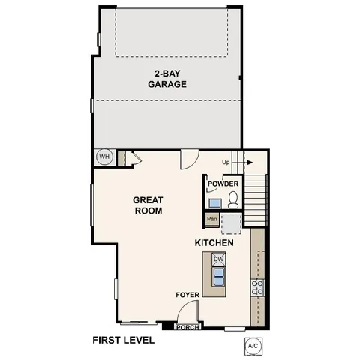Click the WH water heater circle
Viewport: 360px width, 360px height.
point(103,157)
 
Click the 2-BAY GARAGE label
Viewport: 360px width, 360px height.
point(166,79)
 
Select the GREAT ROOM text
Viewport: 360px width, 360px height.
point(148,205)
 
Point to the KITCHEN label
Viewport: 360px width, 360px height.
point(214,244)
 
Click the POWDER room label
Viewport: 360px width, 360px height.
point(223,184)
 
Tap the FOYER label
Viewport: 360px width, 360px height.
point(187,295)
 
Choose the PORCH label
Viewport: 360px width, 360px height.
point(187,327)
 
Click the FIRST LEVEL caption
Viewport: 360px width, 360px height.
point(123,340)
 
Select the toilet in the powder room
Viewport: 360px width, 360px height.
point(233,200)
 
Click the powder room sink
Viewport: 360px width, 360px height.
point(214,202)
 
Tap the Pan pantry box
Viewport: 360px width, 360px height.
point(212,220)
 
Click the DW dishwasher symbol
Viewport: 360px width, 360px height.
point(219,259)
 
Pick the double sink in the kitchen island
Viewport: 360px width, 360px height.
point(219,277)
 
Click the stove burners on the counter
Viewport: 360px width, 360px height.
point(258,287)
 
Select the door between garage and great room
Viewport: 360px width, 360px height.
point(188,159)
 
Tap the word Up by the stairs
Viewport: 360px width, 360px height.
point(226,162)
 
